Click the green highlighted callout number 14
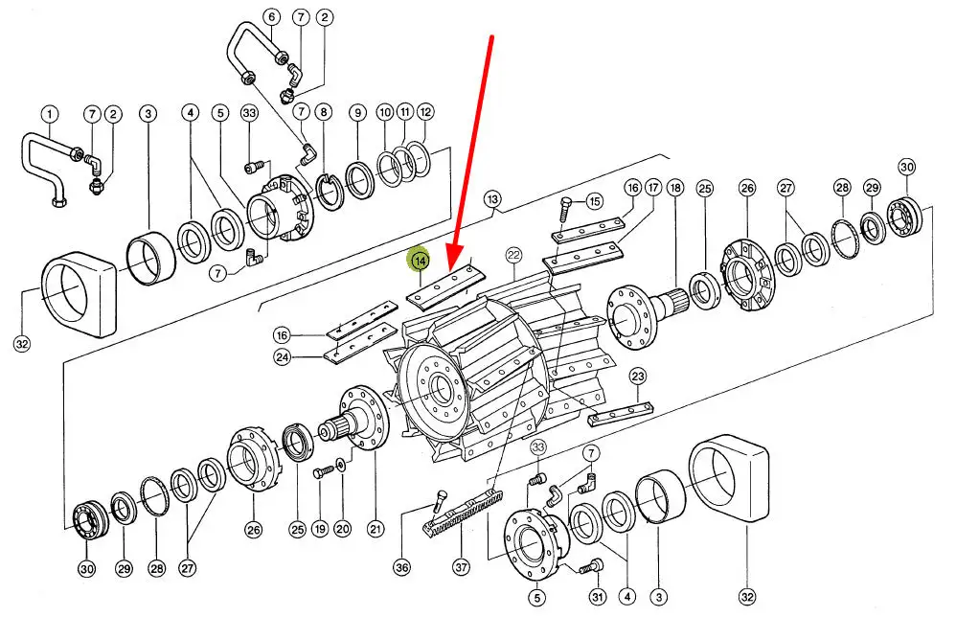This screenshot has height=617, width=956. click(x=420, y=261)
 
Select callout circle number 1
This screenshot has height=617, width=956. click(x=50, y=115)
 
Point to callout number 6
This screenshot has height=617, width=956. click(x=270, y=17)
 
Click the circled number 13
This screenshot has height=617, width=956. click(x=492, y=200)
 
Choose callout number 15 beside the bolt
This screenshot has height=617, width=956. click(x=594, y=201)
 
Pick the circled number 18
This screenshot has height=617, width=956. click(x=675, y=188)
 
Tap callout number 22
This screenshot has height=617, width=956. click(x=514, y=255)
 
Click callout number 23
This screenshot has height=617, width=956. click(x=638, y=376)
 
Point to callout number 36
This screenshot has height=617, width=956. click(x=401, y=567)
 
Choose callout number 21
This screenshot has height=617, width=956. click(x=375, y=528)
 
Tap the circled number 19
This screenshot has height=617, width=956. click(x=318, y=528)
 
